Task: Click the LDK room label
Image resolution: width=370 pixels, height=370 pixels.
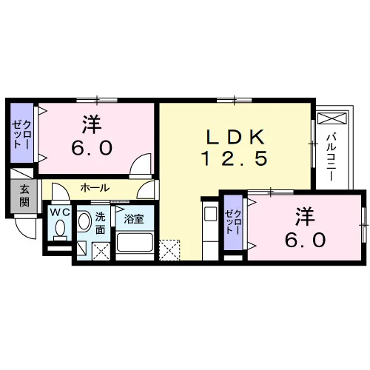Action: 235,137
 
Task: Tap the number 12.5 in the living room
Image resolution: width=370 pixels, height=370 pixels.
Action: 235,158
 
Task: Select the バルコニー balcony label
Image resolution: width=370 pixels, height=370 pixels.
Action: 332,157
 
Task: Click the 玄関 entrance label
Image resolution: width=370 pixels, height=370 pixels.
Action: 24,196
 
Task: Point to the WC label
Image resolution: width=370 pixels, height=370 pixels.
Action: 60,212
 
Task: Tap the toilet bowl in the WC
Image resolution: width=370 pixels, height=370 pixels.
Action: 60,228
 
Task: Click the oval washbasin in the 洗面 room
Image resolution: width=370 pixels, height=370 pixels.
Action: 84,221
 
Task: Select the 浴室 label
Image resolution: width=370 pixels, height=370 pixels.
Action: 134,219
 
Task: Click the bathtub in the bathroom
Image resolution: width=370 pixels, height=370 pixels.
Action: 135,242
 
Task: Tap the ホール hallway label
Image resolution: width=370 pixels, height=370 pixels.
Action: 95,188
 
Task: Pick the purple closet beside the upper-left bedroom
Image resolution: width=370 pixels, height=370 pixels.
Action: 21,132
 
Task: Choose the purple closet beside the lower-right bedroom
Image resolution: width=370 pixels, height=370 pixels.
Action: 233,222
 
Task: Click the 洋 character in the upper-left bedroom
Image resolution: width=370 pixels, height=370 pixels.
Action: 92,124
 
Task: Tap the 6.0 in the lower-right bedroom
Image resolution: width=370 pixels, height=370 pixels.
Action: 305,240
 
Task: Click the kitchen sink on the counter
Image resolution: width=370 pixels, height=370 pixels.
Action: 210,214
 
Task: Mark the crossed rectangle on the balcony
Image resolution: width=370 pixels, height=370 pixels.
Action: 332,118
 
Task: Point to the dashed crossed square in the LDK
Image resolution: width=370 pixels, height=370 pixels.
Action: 169,250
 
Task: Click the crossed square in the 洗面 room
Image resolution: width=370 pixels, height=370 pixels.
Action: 101,251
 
